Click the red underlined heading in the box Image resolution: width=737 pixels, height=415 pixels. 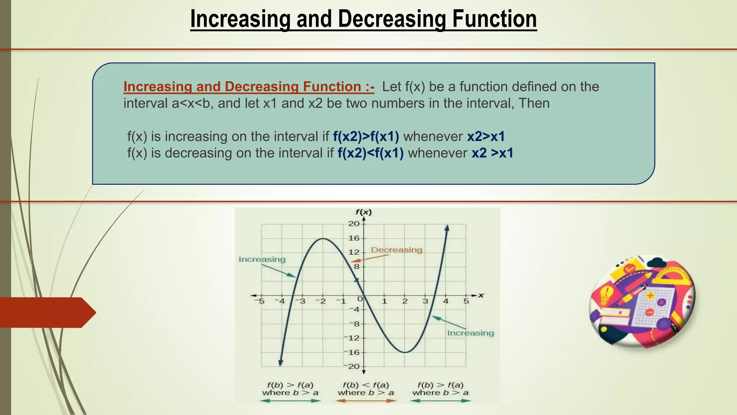pyautogui.click(x=249, y=87)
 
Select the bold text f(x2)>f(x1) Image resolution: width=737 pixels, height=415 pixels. pyautogui.click(x=366, y=137)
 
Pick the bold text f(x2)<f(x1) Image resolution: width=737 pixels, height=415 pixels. pyautogui.click(x=370, y=153)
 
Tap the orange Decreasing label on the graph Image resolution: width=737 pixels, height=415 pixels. pyautogui.click(x=397, y=250)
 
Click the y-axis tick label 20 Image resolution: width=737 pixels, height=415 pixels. pyautogui.click(x=354, y=224)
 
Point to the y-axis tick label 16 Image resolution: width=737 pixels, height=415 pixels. pyautogui.click(x=354, y=238)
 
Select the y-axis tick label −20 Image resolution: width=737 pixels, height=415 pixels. pyautogui.click(x=353, y=366)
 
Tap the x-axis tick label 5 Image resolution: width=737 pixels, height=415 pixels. pyautogui.click(x=466, y=301)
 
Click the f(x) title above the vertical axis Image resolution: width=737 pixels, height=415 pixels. pyautogui.click(x=363, y=212)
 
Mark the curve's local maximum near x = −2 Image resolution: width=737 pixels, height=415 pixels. pyautogui.click(x=323, y=238)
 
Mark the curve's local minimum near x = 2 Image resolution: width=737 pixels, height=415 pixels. pyautogui.click(x=405, y=352)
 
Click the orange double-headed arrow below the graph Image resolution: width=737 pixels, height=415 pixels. pyautogui.click(x=366, y=401)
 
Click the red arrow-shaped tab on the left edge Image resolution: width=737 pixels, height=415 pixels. pyautogui.click(x=47, y=312)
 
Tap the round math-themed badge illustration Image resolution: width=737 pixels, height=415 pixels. pyautogui.click(x=642, y=302)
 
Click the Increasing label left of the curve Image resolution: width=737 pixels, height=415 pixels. pyautogui.click(x=262, y=259)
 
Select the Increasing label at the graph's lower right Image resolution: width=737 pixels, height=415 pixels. pyautogui.click(x=470, y=333)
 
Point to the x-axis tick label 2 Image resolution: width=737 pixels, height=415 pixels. pyautogui.click(x=405, y=301)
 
